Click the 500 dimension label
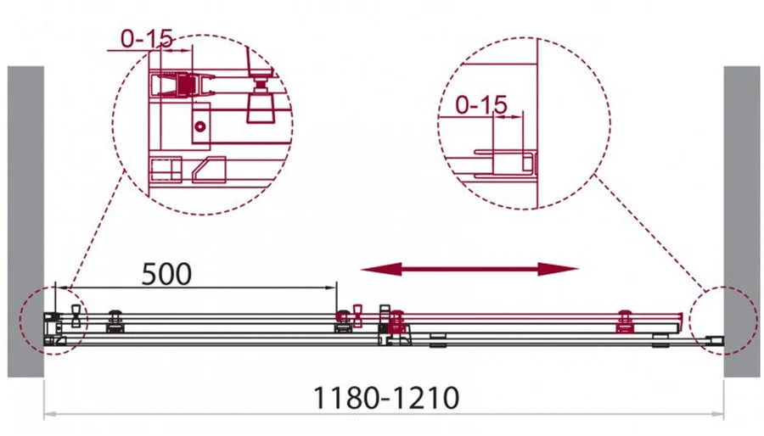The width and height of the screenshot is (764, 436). coord(166,274)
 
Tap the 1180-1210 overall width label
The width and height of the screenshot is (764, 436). coord(385,398)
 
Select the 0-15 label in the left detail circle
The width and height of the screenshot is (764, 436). coord(147,39)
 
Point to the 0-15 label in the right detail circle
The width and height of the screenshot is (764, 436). coord(481,104)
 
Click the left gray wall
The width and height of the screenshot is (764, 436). coord(25,221)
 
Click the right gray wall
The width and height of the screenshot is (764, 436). coord(741,221)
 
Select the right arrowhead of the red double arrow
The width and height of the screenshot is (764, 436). coord(559,269)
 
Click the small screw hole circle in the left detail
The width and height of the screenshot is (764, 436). coord(199,126)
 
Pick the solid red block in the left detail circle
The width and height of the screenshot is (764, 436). coord(185,86)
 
